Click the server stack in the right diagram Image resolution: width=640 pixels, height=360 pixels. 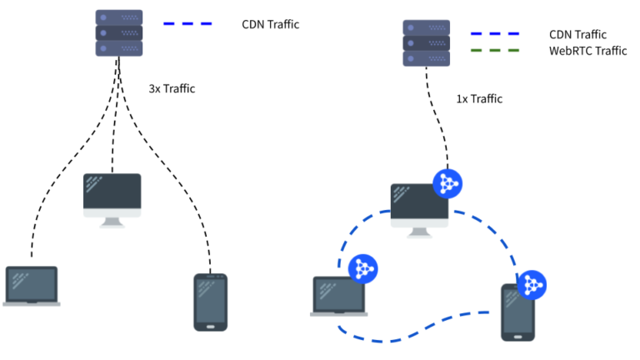[426, 43]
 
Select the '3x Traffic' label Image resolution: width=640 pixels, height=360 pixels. [172, 88]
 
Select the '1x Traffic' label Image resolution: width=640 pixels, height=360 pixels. [479, 99]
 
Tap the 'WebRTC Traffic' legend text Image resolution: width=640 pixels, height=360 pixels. [587, 51]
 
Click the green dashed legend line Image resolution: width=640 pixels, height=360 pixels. [495, 51]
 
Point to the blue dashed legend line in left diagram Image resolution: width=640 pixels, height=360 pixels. [187, 24]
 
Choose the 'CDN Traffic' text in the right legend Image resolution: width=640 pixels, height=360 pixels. [577, 35]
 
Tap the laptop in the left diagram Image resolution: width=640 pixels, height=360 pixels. [32, 286]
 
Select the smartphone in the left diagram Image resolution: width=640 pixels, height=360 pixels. [210, 302]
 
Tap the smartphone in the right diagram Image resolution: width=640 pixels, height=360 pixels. [517, 312]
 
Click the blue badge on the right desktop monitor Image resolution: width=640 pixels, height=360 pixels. [447, 182]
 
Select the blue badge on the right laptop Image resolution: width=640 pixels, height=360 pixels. [362, 267]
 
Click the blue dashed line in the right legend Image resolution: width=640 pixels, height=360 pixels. [495, 35]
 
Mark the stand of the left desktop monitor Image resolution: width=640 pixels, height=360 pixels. [112, 221]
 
